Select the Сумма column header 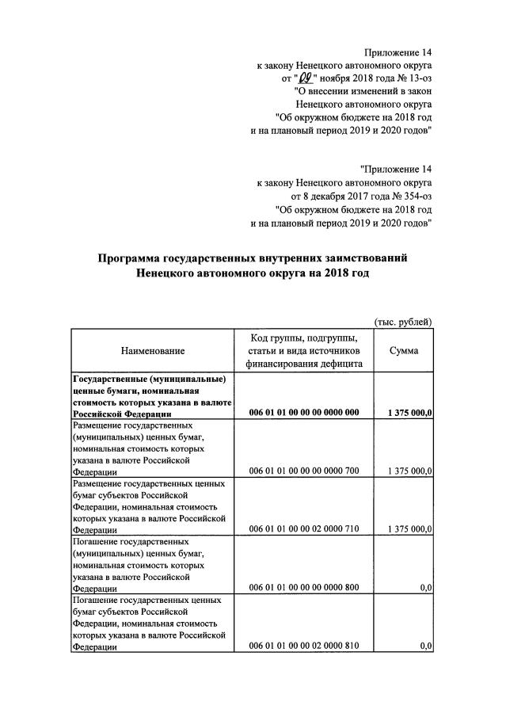[x=404, y=350]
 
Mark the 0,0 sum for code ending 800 [x=426, y=588]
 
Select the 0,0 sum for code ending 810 [x=426, y=646]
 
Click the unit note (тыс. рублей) [x=403, y=321]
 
